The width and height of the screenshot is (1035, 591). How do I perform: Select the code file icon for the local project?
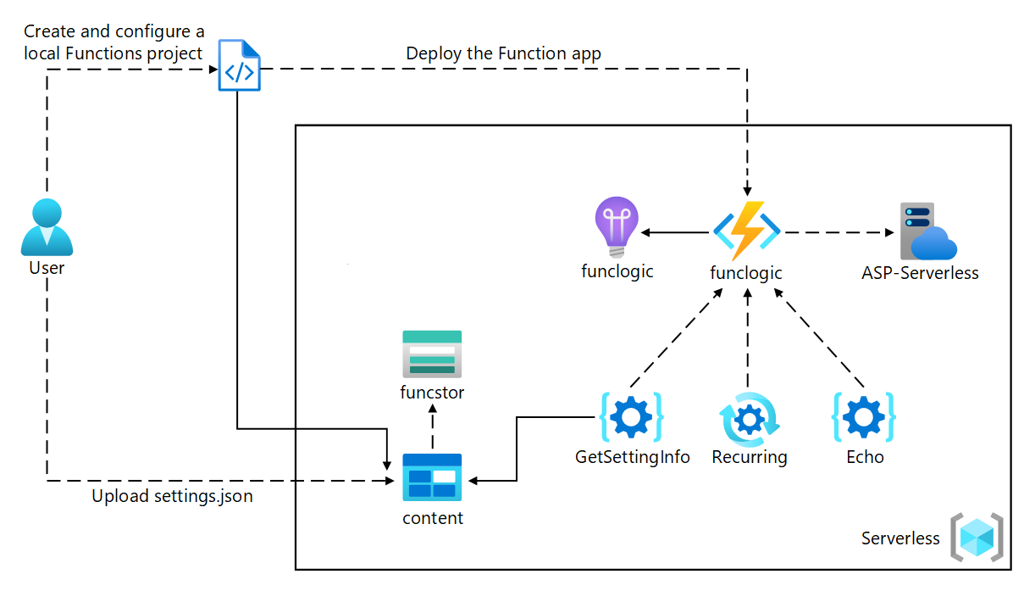tap(239, 65)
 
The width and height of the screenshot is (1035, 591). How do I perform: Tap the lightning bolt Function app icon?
tap(746, 231)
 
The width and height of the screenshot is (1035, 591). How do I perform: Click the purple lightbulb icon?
tap(617, 227)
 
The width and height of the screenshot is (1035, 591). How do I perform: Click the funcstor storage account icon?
tap(432, 354)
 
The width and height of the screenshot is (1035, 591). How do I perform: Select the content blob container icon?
tap(432, 477)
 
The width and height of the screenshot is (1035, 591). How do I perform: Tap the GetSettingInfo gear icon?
tap(631, 417)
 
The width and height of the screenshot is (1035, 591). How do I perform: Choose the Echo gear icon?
tap(864, 417)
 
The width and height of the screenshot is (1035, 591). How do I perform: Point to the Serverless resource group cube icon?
tap(977, 538)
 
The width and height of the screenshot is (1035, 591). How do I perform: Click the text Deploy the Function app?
tap(503, 53)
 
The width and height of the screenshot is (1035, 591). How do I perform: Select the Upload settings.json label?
tap(172, 496)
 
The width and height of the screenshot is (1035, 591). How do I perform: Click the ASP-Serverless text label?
tap(920, 273)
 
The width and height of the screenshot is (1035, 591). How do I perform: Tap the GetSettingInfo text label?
tap(632, 457)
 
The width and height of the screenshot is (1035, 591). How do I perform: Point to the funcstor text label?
tap(432, 393)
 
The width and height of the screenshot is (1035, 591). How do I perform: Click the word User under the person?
tap(47, 268)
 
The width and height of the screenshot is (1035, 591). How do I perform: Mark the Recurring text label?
tap(749, 457)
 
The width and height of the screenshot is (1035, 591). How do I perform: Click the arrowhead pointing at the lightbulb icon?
tap(645, 231)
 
